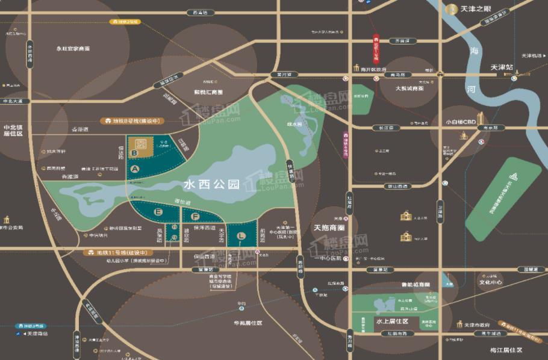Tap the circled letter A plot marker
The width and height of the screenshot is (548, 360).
point(135,169)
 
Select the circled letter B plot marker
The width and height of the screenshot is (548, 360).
point(134,153)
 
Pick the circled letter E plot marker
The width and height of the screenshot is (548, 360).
point(159,212)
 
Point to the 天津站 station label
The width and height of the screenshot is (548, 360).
point(501,67)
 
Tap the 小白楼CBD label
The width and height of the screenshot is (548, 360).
point(461,121)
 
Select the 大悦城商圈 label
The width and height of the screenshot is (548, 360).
point(409,88)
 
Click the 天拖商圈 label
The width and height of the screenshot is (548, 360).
point(329,228)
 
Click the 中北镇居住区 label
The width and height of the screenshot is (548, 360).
point(13,131)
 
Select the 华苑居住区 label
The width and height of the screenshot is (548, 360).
point(248,323)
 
